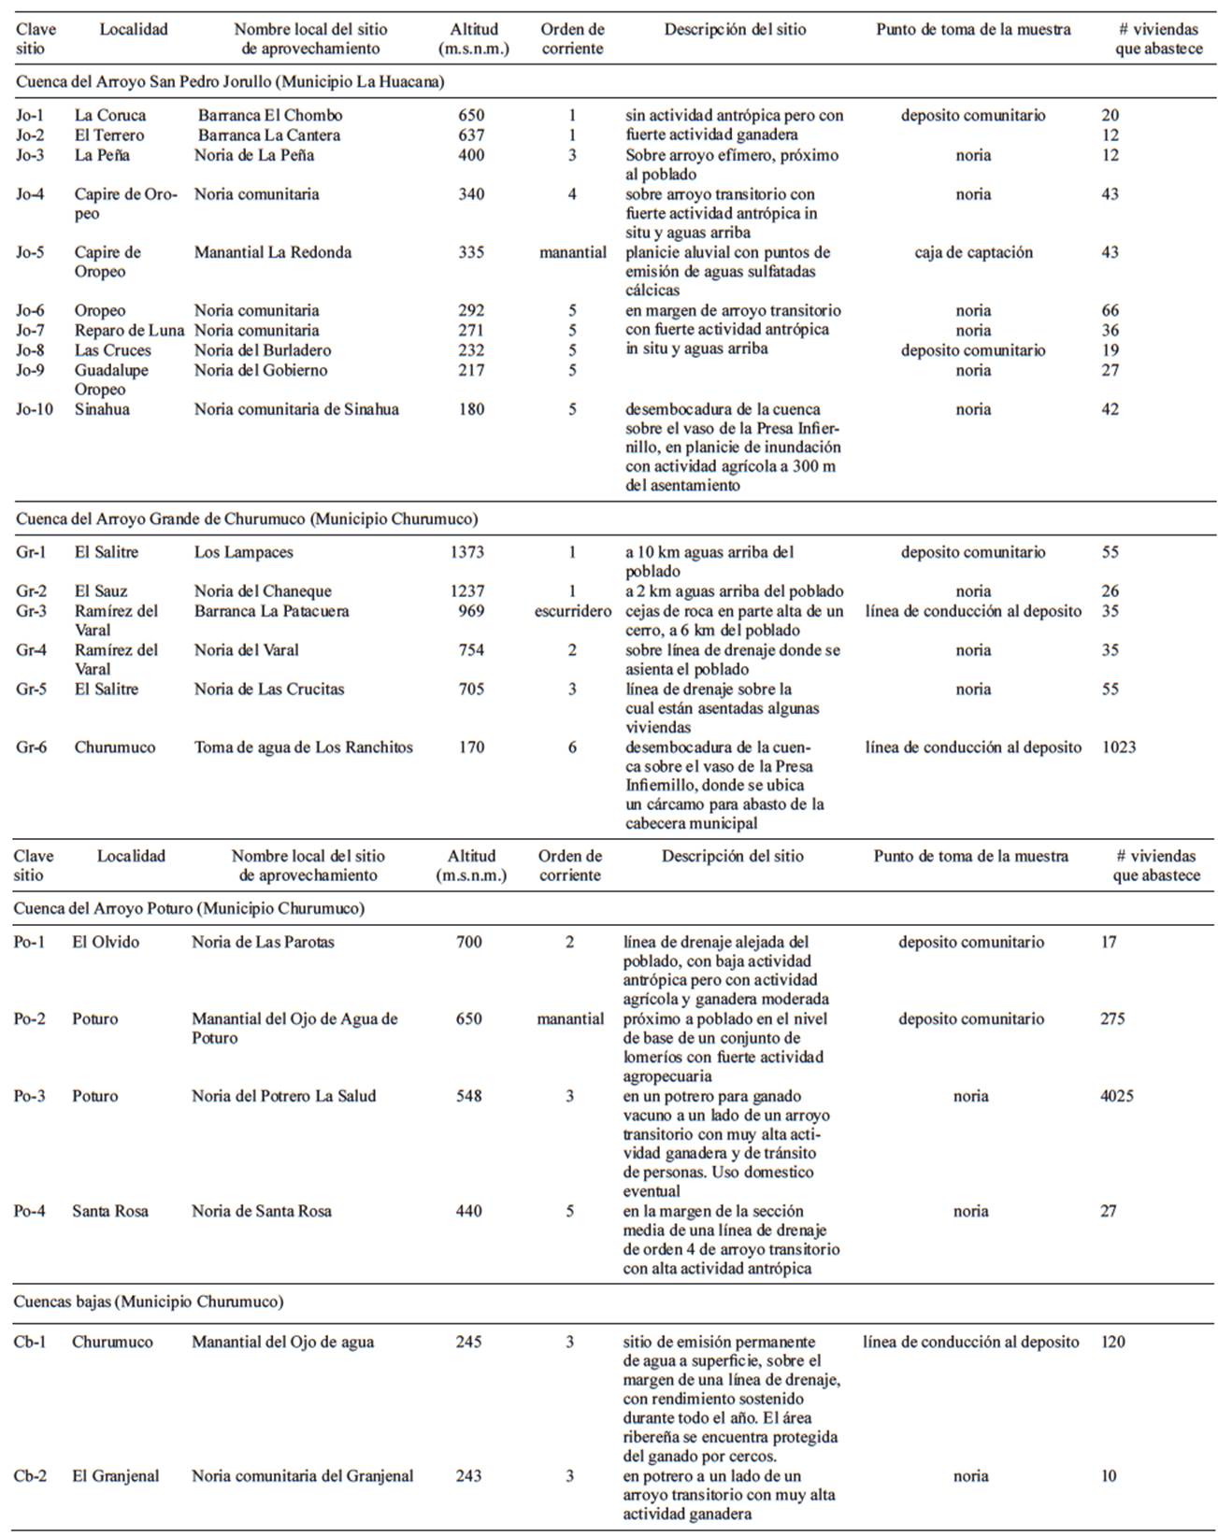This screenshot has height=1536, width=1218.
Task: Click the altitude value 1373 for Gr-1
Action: click(x=467, y=552)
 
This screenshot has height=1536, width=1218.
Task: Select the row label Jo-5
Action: click(x=30, y=252)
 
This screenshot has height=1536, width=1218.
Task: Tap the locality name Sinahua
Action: click(x=102, y=409)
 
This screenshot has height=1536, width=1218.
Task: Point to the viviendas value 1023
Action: click(x=1119, y=747)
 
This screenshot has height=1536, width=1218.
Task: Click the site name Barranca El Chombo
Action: click(x=270, y=116)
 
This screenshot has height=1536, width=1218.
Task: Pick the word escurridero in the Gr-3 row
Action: click(x=573, y=611)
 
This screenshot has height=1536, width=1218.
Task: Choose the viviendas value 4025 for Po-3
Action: click(x=1117, y=1096)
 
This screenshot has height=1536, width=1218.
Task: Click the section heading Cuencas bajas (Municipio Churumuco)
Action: click(x=149, y=1301)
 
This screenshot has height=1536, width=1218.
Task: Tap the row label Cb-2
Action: click(x=29, y=1476)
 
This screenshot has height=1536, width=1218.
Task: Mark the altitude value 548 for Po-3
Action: click(x=469, y=1096)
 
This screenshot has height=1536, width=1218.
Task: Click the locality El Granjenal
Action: click(x=116, y=1476)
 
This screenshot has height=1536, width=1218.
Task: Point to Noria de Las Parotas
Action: click(x=263, y=942)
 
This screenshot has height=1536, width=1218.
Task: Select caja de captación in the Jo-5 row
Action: click(x=973, y=252)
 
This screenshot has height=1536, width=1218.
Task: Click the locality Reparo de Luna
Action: click(x=129, y=331)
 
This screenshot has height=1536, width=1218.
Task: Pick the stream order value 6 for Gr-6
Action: click(x=572, y=747)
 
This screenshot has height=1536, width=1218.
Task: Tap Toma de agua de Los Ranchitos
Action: click(x=303, y=747)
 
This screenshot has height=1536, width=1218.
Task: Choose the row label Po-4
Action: click(x=29, y=1211)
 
